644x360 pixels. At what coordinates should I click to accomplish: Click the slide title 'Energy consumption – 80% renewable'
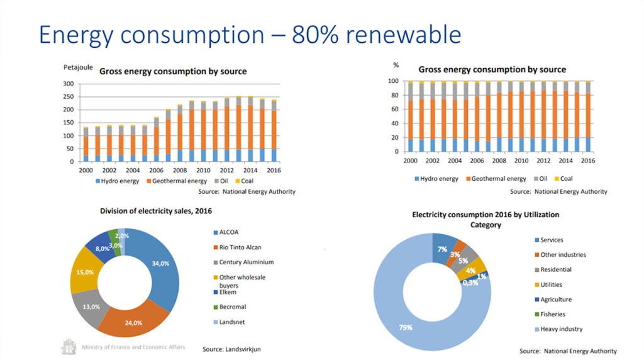[x=250, y=34]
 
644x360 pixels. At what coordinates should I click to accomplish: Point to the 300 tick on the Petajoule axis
[x=69, y=83]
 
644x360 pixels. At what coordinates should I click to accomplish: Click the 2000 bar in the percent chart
[x=411, y=116]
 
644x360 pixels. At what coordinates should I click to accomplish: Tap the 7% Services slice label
[x=443, y=248]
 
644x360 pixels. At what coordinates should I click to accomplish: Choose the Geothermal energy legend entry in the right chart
[x=496, y=179]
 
